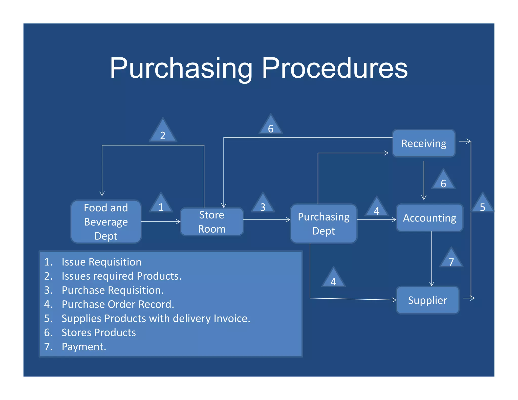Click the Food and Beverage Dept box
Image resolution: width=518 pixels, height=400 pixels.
(106, 222)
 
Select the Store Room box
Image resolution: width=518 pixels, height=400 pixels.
(212, 222)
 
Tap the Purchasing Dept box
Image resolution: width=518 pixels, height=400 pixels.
(323, 224)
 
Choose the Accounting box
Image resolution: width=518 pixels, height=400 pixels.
(429, 218)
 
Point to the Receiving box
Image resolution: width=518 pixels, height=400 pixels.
(424, 143)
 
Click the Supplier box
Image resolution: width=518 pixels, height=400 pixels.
(427, 300)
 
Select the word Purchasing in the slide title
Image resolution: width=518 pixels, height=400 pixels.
(181, 68)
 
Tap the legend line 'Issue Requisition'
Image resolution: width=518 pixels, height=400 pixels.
(101, 262)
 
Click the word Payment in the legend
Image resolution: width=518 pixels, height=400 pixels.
(83, 347)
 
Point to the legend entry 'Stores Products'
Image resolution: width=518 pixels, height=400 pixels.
(99, 332)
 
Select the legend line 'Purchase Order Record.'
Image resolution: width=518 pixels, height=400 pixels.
(118, 304)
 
